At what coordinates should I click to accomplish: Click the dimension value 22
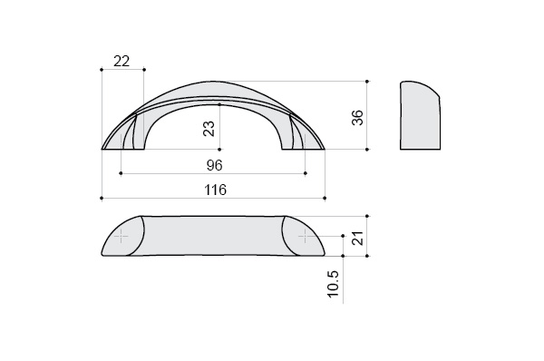pos(121,62)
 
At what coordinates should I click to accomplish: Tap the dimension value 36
pos(357,117)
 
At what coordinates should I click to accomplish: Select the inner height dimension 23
pos(209,129)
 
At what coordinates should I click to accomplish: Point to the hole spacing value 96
pos(214,165)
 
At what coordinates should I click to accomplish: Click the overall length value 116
pos(215,190)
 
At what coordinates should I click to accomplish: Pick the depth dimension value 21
pos(357,239)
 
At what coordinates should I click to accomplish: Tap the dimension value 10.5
pos(333,284)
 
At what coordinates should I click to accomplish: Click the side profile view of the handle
pos(420,115)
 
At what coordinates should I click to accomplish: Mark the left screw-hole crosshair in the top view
pos(121,237)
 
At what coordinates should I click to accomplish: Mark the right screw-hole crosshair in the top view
pos(306,237)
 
